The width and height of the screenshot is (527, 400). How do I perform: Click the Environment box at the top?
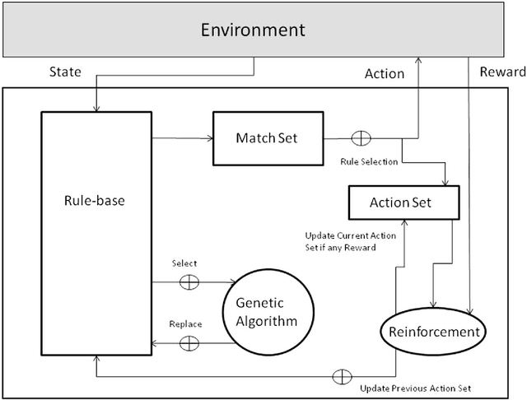point(254,31)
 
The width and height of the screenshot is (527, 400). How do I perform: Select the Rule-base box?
point(96,198)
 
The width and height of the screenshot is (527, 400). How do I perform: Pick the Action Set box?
point(401,202)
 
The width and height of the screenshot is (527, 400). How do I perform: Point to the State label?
point(66,72)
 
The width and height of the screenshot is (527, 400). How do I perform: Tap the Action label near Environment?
point(385,73)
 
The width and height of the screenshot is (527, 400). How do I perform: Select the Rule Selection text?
point(369,162)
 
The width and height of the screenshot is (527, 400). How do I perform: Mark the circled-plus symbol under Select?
point(189,282)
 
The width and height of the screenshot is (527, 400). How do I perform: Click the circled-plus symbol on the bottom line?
point(338,377)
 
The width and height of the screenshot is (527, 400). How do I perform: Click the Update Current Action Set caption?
point(350,241)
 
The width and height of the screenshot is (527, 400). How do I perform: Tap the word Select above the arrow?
point(184,263)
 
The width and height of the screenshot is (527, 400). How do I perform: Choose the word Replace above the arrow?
point(185,324)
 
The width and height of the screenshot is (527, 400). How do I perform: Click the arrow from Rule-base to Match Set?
point(183,138)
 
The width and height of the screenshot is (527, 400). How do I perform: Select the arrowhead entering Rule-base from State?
point(96,108)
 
